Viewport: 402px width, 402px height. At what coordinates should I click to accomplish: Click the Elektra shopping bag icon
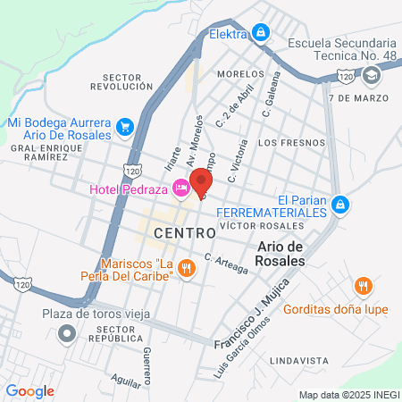pos(260,34)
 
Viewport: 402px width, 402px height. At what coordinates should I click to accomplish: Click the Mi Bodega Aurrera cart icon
pos(124,127)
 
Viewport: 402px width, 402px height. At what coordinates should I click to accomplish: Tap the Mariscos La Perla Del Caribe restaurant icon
pos(186,267)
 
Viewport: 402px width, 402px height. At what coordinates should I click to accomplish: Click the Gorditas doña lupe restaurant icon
pos(363,287)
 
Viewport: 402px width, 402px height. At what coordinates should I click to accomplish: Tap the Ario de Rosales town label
pos(281,253)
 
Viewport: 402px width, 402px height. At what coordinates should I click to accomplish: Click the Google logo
pos(29,390)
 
